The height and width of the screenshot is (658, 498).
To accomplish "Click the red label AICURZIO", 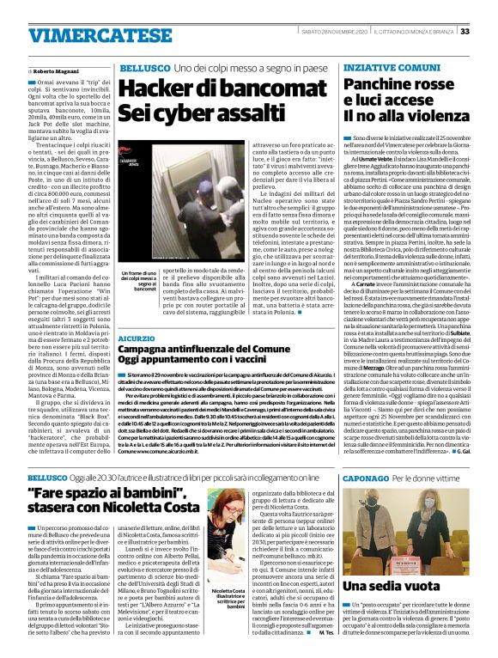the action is pos(137,339).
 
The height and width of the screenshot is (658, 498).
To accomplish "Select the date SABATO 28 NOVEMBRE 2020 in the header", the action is pos(353,32).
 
